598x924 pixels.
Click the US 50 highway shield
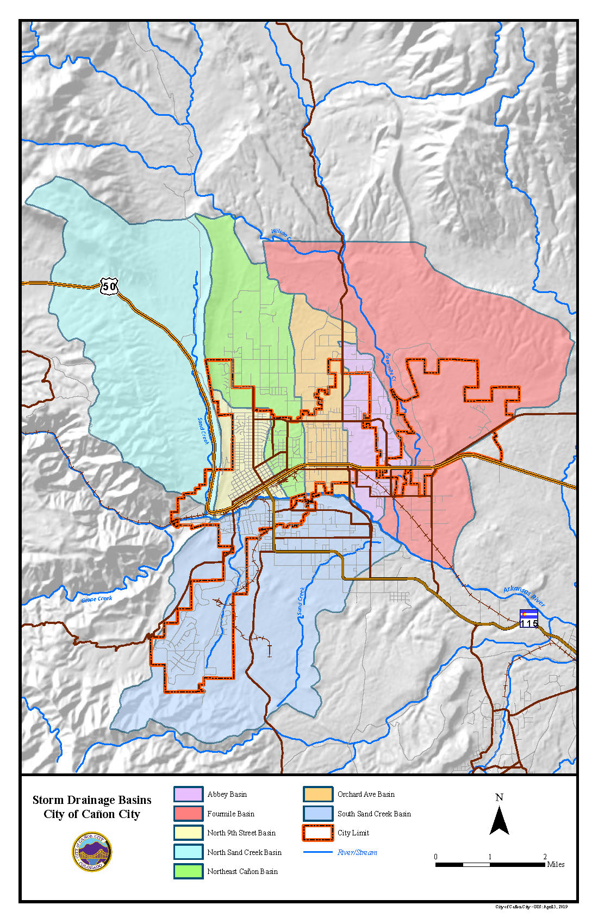point(109,286)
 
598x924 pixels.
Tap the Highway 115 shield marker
point(529,619)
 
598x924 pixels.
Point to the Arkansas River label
point(523,597)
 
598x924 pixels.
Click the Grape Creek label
point(97,599)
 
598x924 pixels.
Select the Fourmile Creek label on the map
point(391,366)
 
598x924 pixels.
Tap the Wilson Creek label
point(281,234)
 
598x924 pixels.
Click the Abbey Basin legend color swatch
point(188,794)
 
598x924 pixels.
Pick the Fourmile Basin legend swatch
point(188,814)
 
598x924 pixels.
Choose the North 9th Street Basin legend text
point(241,833)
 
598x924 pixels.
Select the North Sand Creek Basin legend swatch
point(188,852)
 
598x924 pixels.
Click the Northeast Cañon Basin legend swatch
point(188,871)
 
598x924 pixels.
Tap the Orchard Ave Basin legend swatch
point(318,794)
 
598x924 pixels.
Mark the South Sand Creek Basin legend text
point(374,814)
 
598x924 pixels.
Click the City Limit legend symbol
point(318,833)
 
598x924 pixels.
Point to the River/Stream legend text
point(357,852)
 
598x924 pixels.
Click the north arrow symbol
point(499,821)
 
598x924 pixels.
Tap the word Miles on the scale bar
point(556,864)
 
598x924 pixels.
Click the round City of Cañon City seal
point(92,852)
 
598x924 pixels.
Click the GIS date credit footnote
point(531,907)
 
